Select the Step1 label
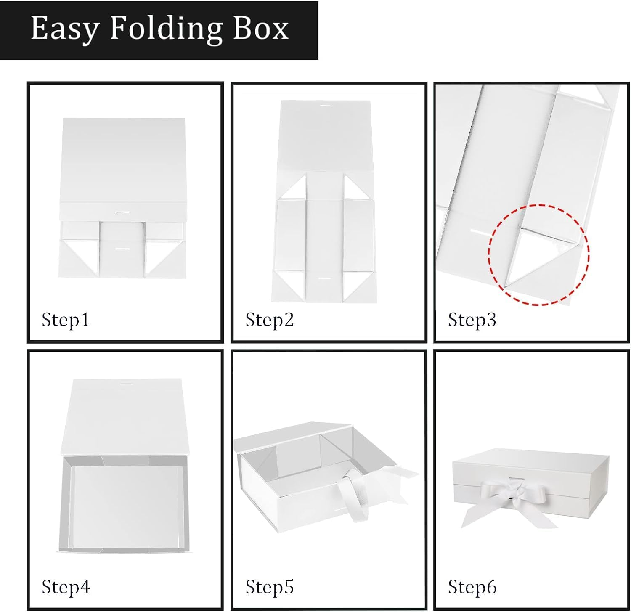[x=66, y=320]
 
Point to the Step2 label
[x=269, y=320]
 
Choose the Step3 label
[x=472, y=320]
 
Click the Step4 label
[x=66, y=587]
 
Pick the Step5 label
[x=269, y=587]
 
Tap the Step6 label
[x=472, y=587]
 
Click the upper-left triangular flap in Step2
[x=294, y=188]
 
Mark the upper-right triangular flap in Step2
[x=356, y=188]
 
